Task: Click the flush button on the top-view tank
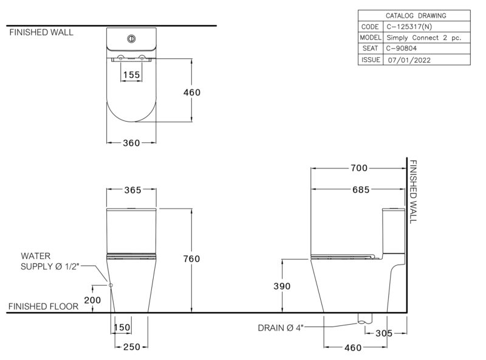(131, 39)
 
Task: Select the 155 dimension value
(131, 75)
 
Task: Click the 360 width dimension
(131, 143)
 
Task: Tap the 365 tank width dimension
(132, 190)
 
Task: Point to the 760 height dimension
(191, 259)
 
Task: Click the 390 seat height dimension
(282, 286)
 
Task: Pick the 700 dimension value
(359, 168)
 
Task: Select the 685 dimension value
(361, 190)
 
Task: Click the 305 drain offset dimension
(384, 333)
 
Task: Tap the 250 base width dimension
(132, 347)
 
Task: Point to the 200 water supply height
(92, 300)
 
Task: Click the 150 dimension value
(122, 327)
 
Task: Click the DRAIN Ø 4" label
(281, 328)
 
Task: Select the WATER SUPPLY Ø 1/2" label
(50, 261)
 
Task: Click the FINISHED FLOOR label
(43, 306)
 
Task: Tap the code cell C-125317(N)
(409, 27)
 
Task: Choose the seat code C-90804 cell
(402, 49)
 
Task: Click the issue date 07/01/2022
(409, 60)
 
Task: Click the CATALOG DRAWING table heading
(416, 16)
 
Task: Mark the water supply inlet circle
(111, 285)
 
